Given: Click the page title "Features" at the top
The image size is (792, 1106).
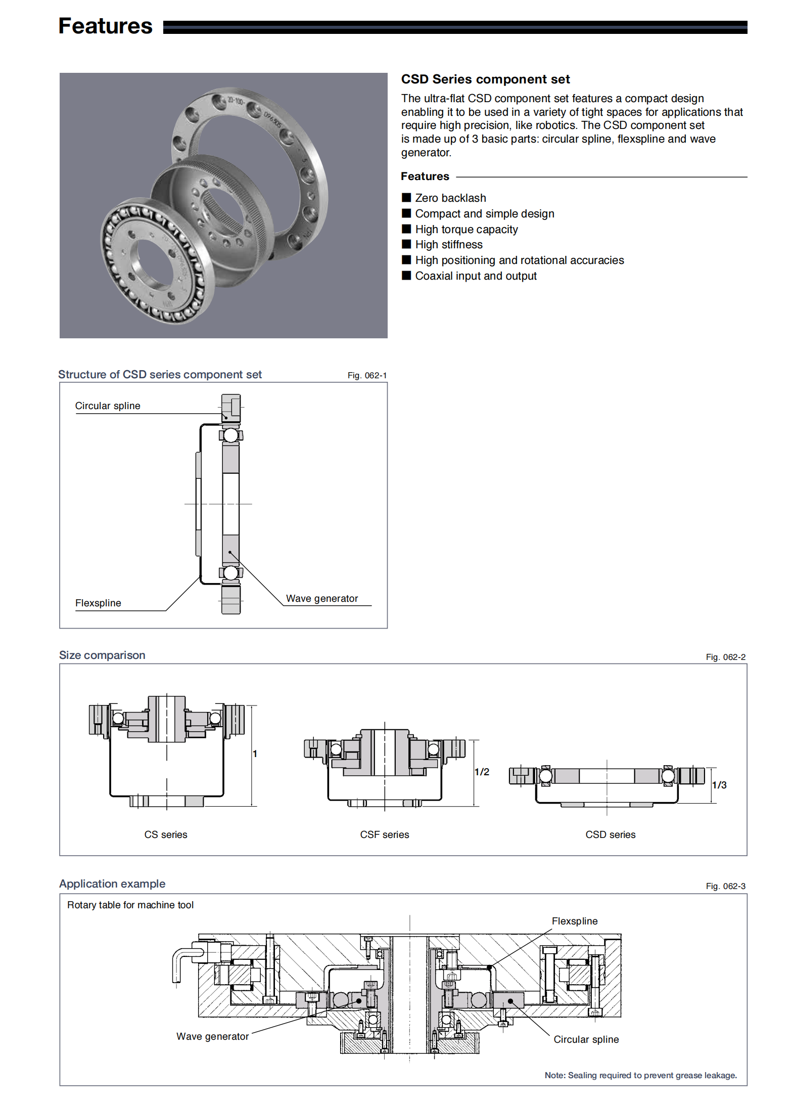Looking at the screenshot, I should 105,26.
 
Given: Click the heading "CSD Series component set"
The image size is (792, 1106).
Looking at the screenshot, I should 485,79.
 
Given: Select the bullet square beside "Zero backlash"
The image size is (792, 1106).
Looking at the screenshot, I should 406,197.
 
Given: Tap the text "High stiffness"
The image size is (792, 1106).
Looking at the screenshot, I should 448,245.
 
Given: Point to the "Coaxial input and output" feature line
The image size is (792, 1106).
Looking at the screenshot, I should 476,276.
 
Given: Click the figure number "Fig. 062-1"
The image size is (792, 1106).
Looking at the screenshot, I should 367,375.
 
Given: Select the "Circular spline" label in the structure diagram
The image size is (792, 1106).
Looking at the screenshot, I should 108,406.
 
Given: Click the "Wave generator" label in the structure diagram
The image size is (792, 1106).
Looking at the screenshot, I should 322,599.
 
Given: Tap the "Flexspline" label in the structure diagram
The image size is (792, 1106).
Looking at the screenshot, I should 98,603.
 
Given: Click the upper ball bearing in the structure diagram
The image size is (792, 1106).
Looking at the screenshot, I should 231,435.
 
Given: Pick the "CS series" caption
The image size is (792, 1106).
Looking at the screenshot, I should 166,835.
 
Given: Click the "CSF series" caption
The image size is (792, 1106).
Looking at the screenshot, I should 385,835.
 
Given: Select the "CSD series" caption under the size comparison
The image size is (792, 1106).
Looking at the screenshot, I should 611,835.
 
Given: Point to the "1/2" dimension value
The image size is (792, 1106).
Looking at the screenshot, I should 482,772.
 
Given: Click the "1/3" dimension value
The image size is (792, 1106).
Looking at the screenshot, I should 719,785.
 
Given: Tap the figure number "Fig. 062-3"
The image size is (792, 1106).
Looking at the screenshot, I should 726,887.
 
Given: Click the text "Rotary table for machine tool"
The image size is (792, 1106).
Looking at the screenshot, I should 130,905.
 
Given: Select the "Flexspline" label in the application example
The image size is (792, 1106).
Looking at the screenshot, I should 575,921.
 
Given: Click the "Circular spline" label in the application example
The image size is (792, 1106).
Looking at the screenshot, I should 586,1040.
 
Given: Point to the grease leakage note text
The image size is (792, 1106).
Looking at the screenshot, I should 640,1076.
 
